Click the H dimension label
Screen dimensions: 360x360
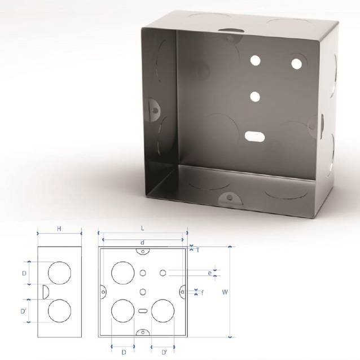[59, 229]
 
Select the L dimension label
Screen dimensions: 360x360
[143, 228]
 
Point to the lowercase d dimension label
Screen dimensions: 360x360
[143, 243]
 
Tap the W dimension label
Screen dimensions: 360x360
[225, 292]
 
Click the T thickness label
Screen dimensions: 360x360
[198, 250]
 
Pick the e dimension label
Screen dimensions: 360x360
[210, 273]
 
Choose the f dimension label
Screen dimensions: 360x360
[202, 292]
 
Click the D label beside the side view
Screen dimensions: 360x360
[24, 273]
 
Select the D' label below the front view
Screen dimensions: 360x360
[165, 353]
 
